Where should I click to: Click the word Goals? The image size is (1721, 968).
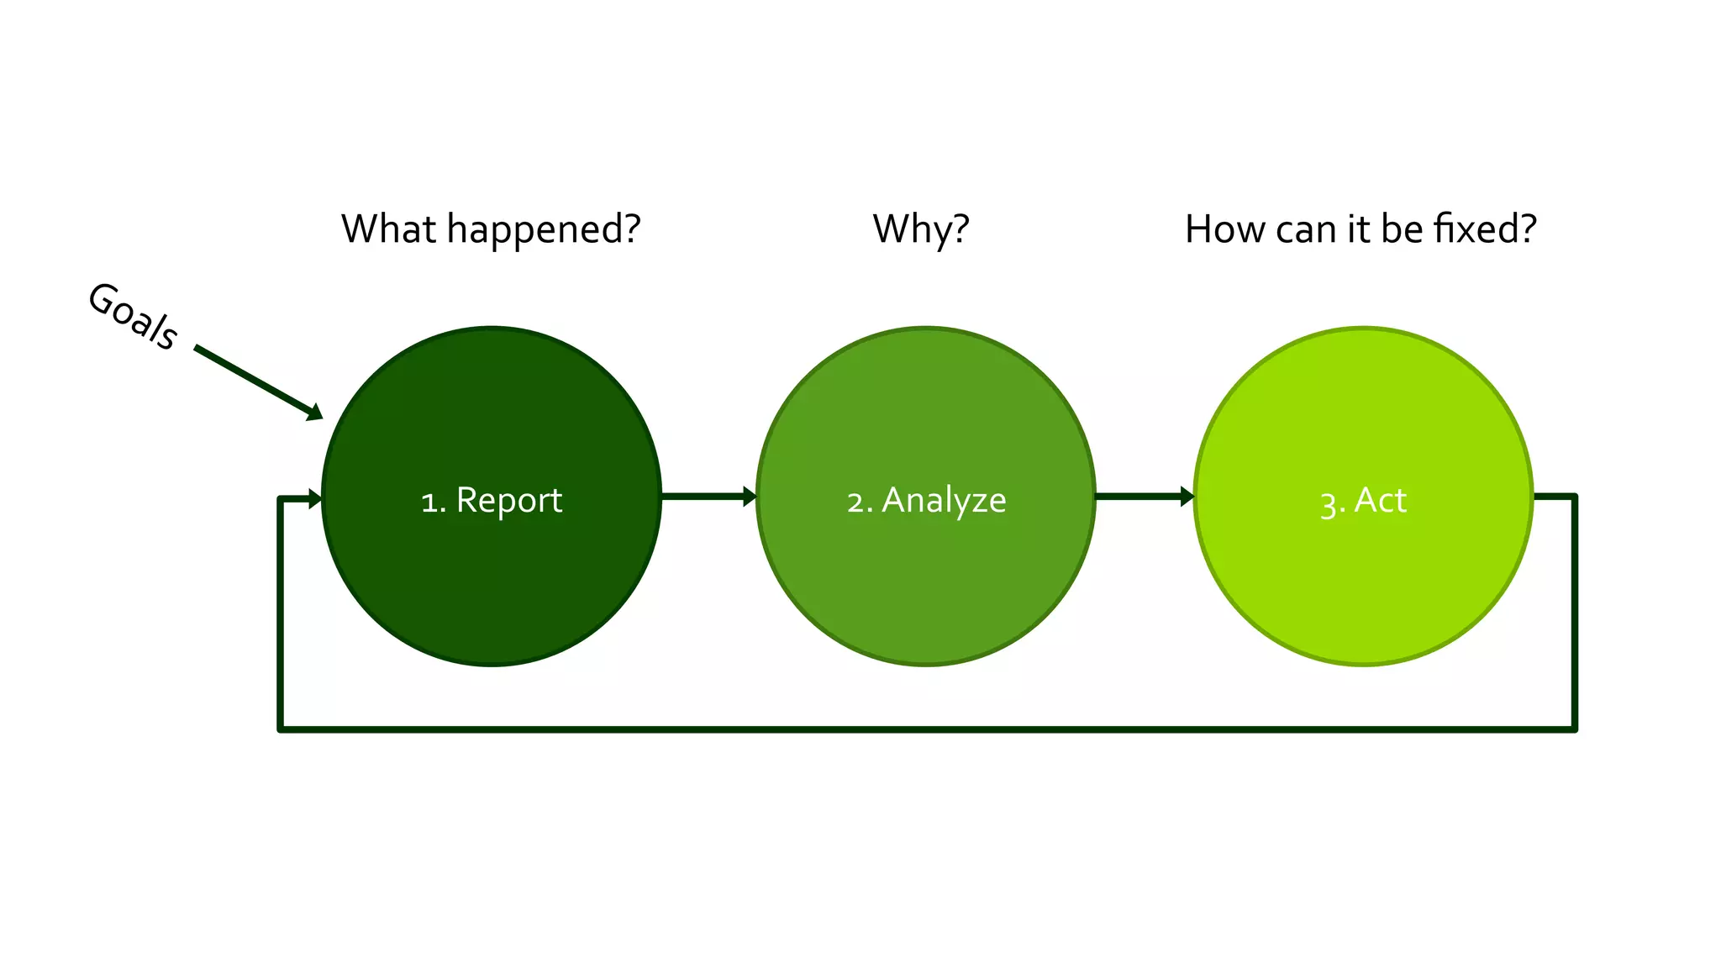coord(133,316)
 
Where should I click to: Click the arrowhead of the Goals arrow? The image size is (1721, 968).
coord(315,412)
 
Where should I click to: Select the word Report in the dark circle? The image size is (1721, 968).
coord(508,501)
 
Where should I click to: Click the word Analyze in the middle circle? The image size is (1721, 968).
coord(944,501)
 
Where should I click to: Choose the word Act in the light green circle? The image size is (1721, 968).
coord(1380,501)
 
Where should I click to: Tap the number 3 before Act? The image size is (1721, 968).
coord(1329,504)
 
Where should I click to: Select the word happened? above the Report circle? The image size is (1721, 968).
coord(543,230)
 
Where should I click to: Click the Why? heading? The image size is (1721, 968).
coord(921,229)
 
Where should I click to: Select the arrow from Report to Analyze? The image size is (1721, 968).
coord(708,497)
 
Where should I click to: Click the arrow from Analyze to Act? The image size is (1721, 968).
coord(1144,497)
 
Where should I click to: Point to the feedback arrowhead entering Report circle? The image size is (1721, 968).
coord(315,499)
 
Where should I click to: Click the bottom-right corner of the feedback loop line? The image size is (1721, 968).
coord(1574,729)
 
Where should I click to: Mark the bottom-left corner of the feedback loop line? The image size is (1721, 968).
coord(281,729)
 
